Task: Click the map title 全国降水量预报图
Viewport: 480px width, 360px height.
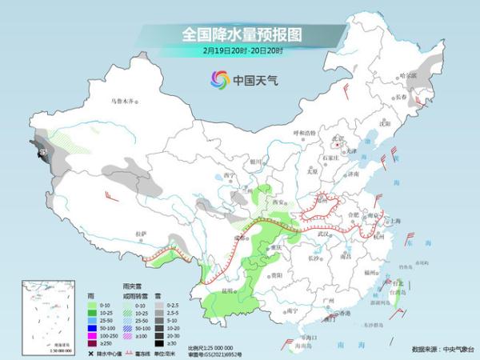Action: pyautogui.click(x=239, y=34)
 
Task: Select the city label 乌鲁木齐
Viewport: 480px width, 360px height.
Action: pyautogui.click(x=123, y=102)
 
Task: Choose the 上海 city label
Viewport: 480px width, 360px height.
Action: pyautogui.click(x=394, y=221)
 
